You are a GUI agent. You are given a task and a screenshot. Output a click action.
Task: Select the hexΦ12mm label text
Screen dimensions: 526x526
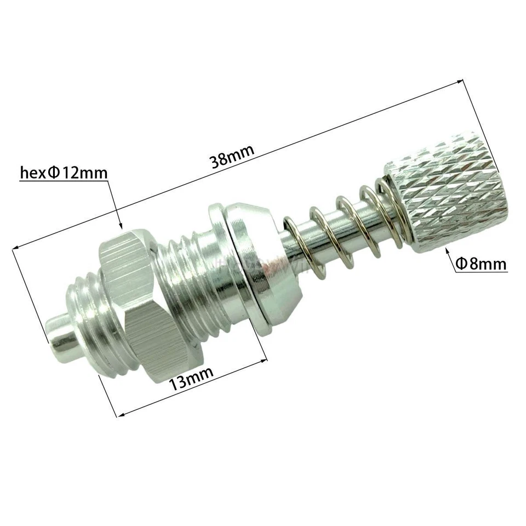pyautogui.click(x=63, y=173)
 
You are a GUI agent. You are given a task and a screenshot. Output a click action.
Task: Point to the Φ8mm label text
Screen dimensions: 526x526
pyautogui.click(x=481, y=265)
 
